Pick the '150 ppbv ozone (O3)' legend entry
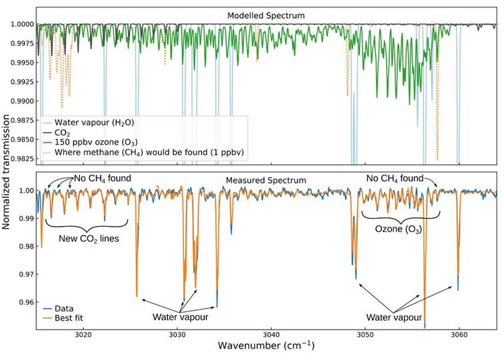point(103,143)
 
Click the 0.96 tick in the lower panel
point(25,302)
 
